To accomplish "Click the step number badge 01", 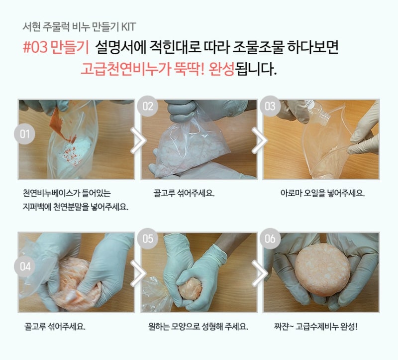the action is coord(24,134).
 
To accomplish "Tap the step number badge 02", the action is coord(147,106).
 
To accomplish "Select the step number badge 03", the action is coord(270,106).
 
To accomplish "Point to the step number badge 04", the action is coord(24,266).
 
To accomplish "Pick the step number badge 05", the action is coord(147,239).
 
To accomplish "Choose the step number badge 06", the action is coord(270,239).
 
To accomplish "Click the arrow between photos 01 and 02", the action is coord(138,140).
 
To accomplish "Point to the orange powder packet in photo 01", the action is coord(62,125).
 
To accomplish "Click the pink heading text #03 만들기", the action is coord(56,47).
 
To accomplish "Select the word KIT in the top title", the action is coord(128,27).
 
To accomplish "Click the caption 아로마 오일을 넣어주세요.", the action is coord(322,193).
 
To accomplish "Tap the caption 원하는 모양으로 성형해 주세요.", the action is coord(198,326).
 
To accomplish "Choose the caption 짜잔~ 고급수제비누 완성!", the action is coord(316,326).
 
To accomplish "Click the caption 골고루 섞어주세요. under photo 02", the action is coord(184,193).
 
